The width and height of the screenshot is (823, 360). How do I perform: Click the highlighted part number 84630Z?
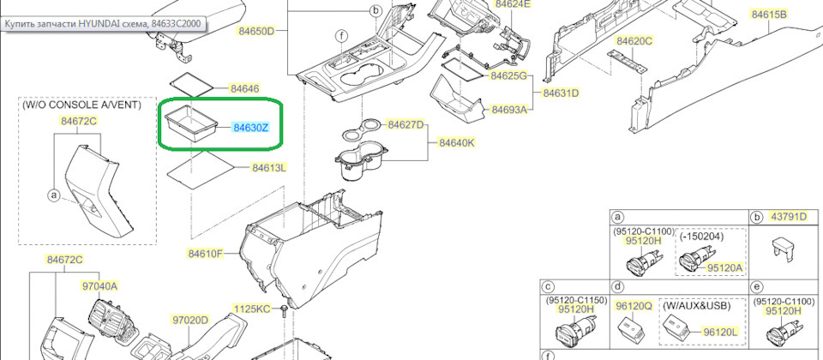click(251, 128)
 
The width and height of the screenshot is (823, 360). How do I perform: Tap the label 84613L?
click(269, 168)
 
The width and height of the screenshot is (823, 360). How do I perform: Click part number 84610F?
click(206, 255)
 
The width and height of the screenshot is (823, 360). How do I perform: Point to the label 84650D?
click(255, 31)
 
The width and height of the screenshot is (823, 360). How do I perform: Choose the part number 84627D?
click(405, 125)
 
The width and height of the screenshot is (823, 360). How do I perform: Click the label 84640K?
click(457, 143)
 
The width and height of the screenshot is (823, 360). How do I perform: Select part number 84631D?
click(561, 93)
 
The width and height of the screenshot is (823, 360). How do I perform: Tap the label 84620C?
click(634, 41)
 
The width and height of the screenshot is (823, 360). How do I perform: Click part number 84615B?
click(769, 15)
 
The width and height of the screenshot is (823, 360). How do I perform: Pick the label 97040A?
click(99, 286)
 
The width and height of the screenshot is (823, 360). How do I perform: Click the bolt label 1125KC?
click(251, 309)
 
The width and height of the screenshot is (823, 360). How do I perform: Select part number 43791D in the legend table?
click(788, 217)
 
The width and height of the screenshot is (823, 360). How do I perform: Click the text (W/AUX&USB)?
click(698, 305)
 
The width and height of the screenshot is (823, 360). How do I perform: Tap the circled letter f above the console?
click(342, 36)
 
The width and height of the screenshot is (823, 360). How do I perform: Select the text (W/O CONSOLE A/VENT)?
click(81, 105)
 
